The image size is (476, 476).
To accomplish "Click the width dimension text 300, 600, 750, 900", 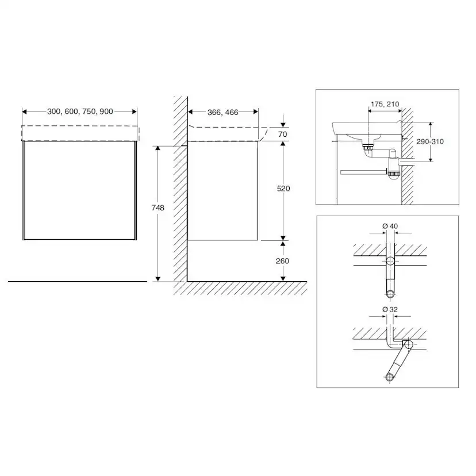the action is pyautogui.click(x=80, y=112).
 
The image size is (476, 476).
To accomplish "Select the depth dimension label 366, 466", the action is pyautogui.click(x=223, y=112).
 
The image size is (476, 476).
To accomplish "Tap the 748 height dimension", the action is pyautogui.click(x=158, y=208).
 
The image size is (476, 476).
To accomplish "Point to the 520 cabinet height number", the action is pyautogui.click(x=283, y=189).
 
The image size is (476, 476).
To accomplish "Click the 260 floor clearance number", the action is pyautogui.click(x=282, y=261).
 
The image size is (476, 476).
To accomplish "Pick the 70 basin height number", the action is pyautogui.click(x=283, y=134).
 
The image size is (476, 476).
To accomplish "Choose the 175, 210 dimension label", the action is pyautogui.click(x=385, y=104).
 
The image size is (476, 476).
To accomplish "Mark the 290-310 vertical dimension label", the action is pyautogui.click(x=430, y=141).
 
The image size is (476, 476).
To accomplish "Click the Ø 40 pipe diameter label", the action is pyautogui.click(x=390, y=226).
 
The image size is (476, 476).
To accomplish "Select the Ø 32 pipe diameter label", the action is pyautogui.click(x=390, y=309).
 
